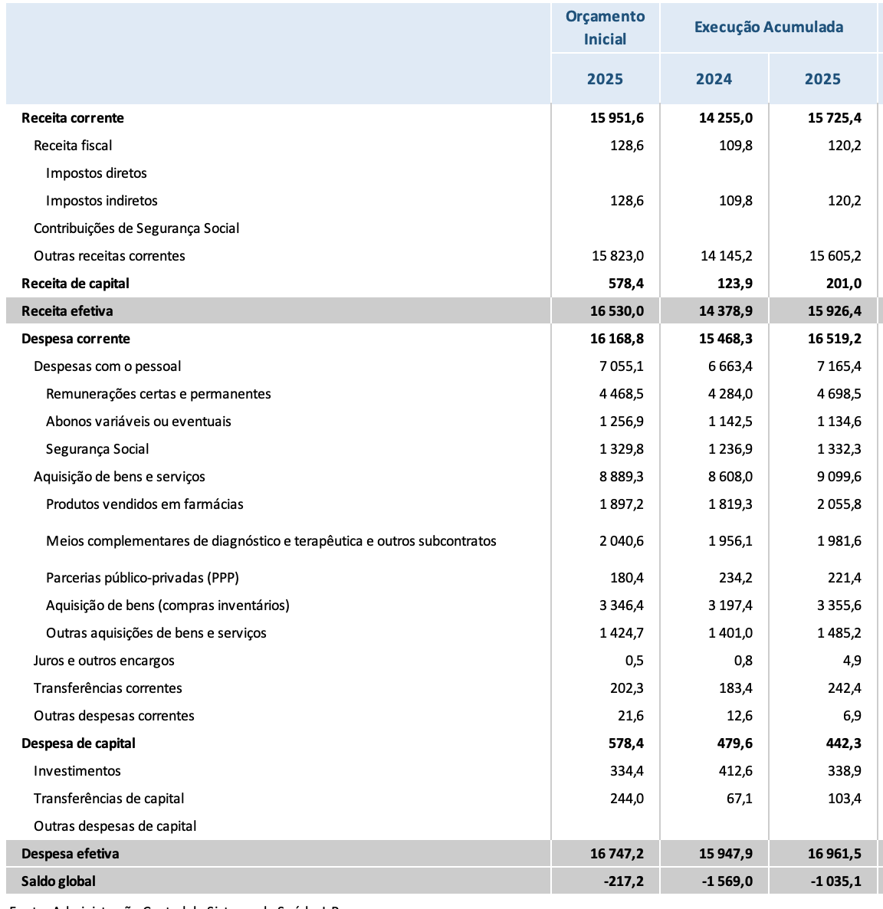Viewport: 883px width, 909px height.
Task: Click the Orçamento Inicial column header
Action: pos(605,28)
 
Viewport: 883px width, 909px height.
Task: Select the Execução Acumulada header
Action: pos(768,28)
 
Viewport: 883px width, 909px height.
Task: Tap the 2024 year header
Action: pos(714,79)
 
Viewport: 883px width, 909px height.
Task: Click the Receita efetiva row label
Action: pos(67,311)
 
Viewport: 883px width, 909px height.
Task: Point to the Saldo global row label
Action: pos(59,881)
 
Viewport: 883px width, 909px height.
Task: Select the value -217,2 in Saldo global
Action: pos(623,881)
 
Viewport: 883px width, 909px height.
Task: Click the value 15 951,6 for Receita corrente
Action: pos(617,118)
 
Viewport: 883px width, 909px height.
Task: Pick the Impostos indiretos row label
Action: pos(102,201)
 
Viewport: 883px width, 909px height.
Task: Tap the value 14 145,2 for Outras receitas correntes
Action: pos(727,256)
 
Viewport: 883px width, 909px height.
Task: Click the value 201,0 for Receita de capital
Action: pos(844,284)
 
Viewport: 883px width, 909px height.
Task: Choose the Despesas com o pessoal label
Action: pos(107,366)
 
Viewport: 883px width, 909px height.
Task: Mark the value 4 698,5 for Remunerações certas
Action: pos(839,394)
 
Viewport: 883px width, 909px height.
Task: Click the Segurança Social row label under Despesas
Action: pos(97,449)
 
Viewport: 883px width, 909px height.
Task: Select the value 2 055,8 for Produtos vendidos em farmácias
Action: pos(839,504)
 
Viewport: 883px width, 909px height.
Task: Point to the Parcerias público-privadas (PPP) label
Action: pos(143,578)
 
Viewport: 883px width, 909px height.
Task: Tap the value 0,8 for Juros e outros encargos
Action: pos(743,661)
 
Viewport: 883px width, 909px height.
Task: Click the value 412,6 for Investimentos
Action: pos(736,771)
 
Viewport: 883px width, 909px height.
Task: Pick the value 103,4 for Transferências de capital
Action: pos(844,799)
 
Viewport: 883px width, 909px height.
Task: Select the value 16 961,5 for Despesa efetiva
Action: pos(835,854)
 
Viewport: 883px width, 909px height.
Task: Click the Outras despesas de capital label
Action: pos(115,826)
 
